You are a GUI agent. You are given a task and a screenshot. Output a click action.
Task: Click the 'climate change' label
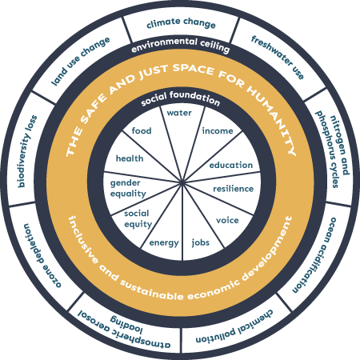click(181, 23)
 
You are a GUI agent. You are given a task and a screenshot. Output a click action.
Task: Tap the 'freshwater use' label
click(278, 58)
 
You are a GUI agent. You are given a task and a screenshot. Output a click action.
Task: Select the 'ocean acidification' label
click(314, 255)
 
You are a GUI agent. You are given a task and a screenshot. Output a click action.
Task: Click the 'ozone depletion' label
click(42, 255)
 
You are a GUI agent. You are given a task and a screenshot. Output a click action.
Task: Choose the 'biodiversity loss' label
click(27, 151)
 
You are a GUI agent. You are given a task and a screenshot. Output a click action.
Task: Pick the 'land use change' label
click(80, 61)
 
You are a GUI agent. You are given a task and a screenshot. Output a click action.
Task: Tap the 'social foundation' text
click(181, 98)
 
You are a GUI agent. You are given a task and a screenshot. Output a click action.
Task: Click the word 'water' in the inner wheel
click(179, 113)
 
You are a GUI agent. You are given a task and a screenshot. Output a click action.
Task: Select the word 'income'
click(218, 130)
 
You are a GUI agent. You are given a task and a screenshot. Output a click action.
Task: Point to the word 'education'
click(231, 165)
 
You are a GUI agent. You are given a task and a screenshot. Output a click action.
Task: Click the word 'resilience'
click(234, 189)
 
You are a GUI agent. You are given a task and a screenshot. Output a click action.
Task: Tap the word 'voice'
click(227, 220)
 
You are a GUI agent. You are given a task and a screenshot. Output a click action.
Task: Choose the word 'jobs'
click(201, 242)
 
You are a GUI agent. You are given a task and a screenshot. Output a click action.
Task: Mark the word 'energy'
click(164, 243)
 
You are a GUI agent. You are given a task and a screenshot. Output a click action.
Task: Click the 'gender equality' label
click(128, 188)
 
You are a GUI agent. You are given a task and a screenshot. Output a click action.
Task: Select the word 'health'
click(130, 158)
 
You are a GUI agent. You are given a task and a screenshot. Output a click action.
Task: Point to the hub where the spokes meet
click(182, 182)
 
